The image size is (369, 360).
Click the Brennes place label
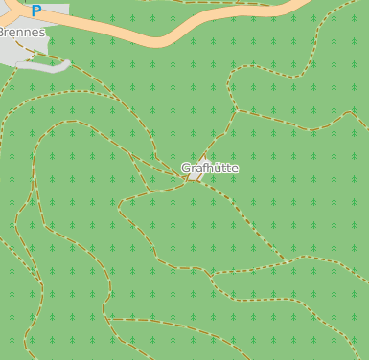pos(21,32)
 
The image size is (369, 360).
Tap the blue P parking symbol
pos(36,11)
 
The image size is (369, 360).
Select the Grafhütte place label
pos(210,169)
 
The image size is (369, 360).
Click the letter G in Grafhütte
pos(186,169)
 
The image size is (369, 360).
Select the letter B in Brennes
pos(2,32)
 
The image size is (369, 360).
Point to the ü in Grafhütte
pos(217,169)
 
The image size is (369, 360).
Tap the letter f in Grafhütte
pos(203,169)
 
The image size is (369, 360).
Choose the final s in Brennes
pos(41,32)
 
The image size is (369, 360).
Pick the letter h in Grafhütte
pos(209,169)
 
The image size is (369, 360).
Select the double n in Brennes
pos(25,32)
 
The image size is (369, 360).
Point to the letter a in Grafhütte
pos(197,169)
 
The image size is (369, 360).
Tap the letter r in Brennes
pos(9,32)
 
